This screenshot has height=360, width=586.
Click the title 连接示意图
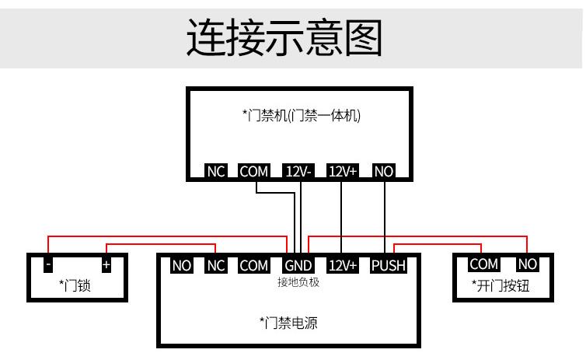pyautogui.click(x=284, y=37)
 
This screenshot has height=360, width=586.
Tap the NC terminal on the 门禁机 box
pyautogui.click(x=215, y=171)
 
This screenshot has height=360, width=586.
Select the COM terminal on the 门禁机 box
pyautogui.click(x=253, y=171)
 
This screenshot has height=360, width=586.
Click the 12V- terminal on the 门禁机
pyautogui.click(x=298, y=171)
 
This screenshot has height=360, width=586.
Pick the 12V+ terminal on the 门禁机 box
pyautogui.click(x=342, y=171)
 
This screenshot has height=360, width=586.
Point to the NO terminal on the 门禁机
pyautogui.click(x=384, y=171)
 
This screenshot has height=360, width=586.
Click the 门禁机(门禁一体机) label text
pyautogui.click(x=302, y=116)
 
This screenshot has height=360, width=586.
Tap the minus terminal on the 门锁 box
pyautogui.click(x=48, y=264)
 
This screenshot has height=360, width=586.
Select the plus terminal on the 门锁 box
pyautogui.click(x=106, y=264)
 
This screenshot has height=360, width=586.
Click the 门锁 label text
pyautogui.click(x=75, y=285)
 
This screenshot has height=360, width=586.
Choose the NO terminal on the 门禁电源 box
pyautogui.click(x=181, y=266)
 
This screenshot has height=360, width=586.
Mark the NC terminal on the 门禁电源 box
pyautogui.click(x=215, y=266)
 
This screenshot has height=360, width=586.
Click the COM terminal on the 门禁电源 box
pyautogui.click(x=253, y=266)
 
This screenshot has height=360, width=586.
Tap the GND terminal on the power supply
pyautogui.click(x=298, y=266)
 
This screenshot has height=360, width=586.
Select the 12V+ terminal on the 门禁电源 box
pyautogui.click(x=342, y=266)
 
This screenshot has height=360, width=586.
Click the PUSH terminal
pyautogui.click(x=388, y=266)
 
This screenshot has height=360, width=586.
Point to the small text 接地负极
pyautogui.click(x=298, y=282)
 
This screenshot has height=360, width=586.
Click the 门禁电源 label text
pyautogui.click(x=288, y=323)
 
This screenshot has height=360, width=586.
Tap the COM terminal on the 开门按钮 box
pyautogui.click(x=483, y=264)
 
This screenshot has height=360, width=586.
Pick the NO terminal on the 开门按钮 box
pyautogui.click(x=527, y=264)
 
